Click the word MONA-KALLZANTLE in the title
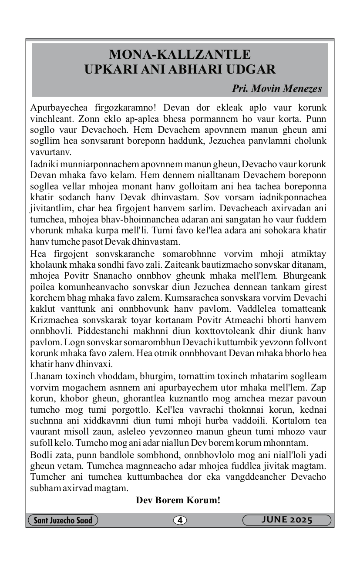point(180,55)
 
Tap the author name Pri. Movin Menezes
point(277,89)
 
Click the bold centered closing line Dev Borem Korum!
point(178,500)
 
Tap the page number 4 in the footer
point(179,520)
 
